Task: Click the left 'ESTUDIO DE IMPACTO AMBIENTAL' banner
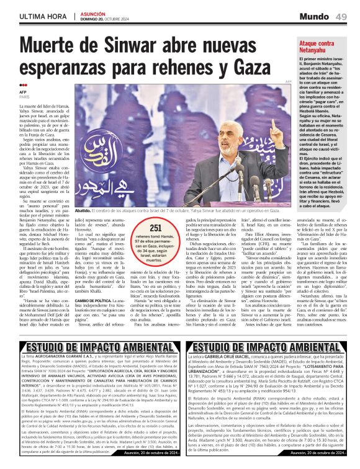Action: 91,347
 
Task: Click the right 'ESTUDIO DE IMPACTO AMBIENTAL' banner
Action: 269,347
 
